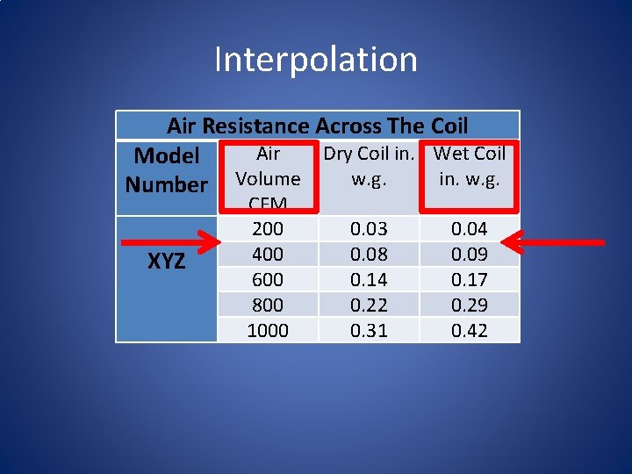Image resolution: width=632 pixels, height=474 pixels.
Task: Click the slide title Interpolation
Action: click(x=316, y=60)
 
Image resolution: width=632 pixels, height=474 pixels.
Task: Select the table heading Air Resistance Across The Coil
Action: click(x=317, y=126)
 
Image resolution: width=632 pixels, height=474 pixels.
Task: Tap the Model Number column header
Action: click(x=166, y=170)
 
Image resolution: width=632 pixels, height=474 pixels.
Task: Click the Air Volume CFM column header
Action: click(x=268, y=178)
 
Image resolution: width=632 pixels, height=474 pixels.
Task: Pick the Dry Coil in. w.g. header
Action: click(x=369, y=165)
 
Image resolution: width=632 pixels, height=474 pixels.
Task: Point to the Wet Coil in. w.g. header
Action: click(x=470, y=165)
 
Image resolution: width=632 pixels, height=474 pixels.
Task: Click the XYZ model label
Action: click(x=166, y=262)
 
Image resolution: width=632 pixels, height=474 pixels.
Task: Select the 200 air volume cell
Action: click(x=268, y=229)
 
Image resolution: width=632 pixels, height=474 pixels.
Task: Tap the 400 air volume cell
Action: click(x=268, y=255)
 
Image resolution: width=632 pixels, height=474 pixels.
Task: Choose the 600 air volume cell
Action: click(x=268, y=280)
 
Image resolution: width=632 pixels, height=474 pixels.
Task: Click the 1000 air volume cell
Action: click(x=268, y=331)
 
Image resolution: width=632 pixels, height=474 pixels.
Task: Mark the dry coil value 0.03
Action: click(x=369, y=229)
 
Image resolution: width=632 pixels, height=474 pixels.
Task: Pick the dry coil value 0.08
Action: click(x=369, y=255)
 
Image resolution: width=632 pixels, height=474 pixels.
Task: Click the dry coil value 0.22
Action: click(x=369, y=305)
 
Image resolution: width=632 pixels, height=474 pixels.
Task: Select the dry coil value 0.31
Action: click(x=369, y=331)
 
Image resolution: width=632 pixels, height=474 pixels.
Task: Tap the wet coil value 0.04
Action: click(x=470, y=229)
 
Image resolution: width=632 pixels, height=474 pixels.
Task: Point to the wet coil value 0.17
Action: click(x=470, y=280)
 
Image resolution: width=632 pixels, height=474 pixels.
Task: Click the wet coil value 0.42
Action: click(x=470, y=331)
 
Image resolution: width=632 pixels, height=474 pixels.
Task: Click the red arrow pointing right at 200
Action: click(x=167, y=237)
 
